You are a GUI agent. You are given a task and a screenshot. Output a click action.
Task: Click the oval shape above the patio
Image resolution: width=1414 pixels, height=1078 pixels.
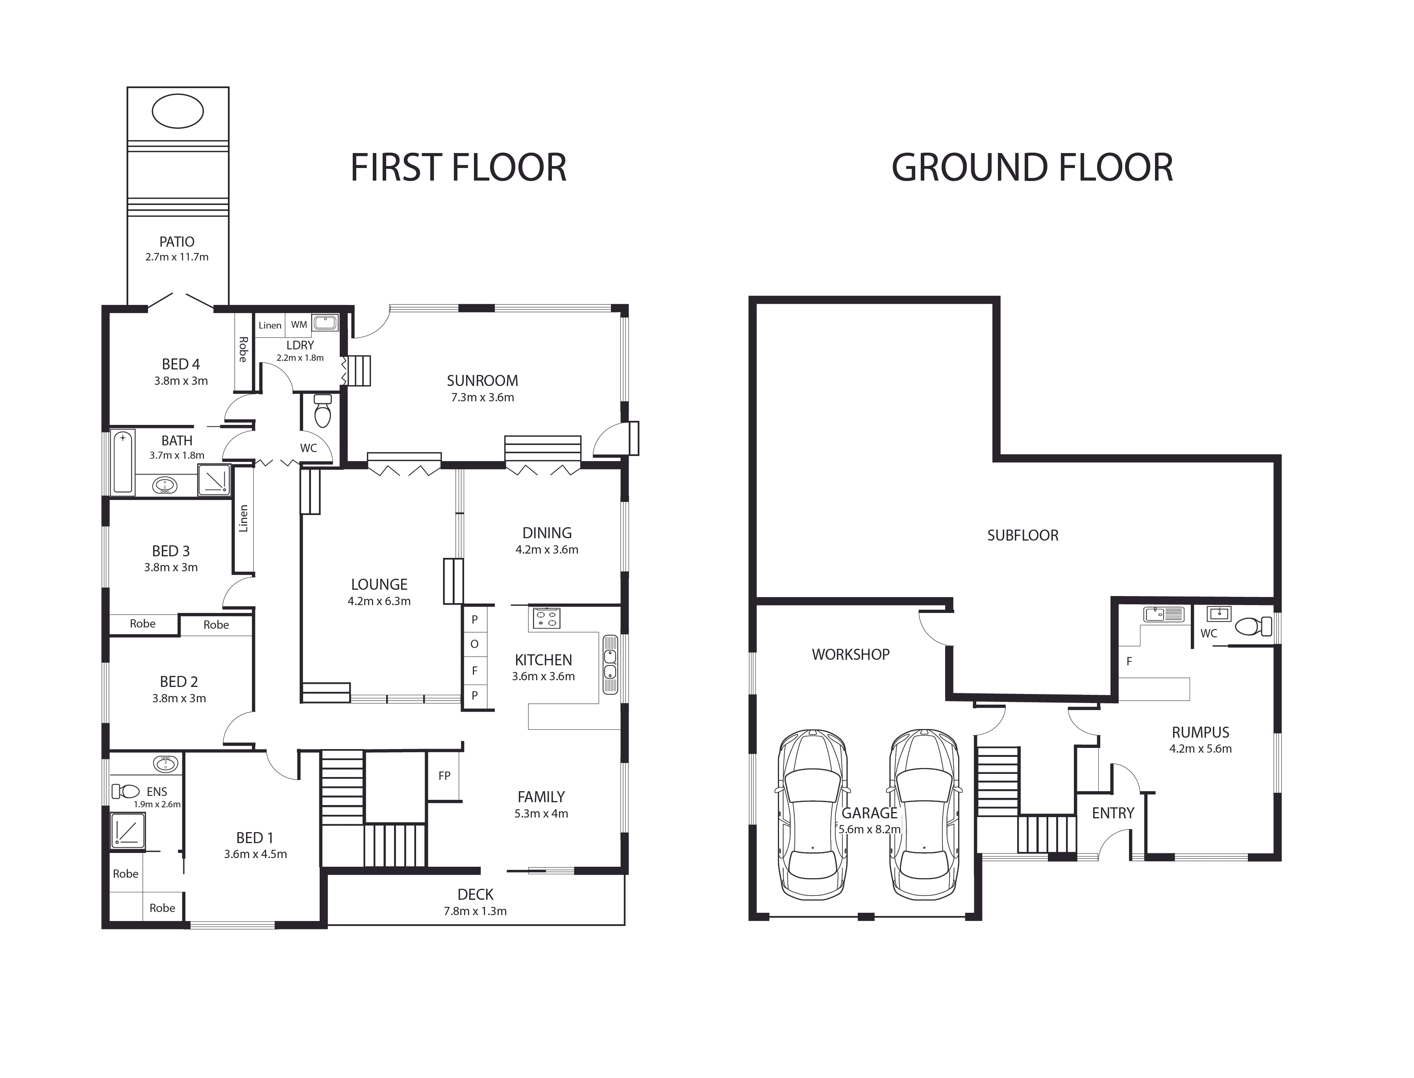click(x=178, y=111)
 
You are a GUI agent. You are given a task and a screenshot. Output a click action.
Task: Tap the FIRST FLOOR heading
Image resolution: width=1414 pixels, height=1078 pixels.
click(x=458, y=168)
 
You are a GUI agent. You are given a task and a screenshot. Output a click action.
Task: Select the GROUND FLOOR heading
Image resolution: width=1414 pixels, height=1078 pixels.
click(x=1032, y=168)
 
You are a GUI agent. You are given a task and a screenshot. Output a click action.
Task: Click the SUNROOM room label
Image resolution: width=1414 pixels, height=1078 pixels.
click(x=482, y=380)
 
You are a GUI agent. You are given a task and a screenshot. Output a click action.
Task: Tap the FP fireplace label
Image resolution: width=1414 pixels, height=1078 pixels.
click(x=444, y=776)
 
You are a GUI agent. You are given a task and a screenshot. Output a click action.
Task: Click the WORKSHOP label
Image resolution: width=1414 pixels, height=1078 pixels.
click(x=850, y=655)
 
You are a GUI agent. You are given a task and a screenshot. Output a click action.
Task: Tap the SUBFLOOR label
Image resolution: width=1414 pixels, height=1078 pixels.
click(x=1022, y=535)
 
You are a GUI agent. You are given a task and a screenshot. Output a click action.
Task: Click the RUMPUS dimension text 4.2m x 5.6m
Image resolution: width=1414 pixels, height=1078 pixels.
click(x=1200, y=748)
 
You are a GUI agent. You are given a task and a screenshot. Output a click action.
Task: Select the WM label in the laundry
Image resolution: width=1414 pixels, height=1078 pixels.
click(x=299, y=325)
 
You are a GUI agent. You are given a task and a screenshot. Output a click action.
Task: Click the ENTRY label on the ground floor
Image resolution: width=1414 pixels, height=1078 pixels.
click(x=1113, y=813)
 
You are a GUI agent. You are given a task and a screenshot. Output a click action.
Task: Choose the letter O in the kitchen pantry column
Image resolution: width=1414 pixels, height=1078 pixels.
click(x=474, y=644)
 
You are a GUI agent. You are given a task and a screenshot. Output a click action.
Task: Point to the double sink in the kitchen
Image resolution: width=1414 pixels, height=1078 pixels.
click(x=610, y=665)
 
